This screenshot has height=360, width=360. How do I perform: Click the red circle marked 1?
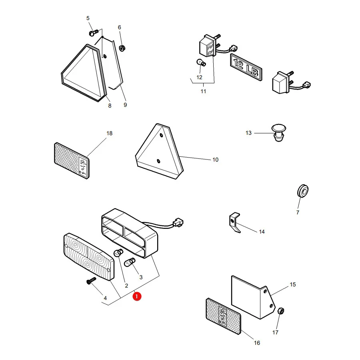pyautogui.click(x=137, y=296)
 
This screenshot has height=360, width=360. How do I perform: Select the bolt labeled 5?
pyautogui.click(x=93, y=33)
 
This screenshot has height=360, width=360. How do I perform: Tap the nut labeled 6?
pyautogui.click(x=122, y=48)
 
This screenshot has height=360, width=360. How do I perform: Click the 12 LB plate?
pyautogui.click(x=246, y=67)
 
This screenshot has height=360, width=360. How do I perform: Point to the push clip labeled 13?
pyautogui.click(x=279, y=133)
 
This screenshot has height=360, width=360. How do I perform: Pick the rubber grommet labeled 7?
pyautogui.click(x=303, y=190)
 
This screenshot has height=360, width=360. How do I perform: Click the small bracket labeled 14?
pyautogui.click(x=235, y=222)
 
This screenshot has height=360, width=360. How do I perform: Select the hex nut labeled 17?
pyautogui.click(x=280, y=311)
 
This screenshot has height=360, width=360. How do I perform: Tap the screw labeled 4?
pyautogui.click(x=91, y=280)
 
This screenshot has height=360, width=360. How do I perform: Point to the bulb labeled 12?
pyautogui.click(x=201, y=62)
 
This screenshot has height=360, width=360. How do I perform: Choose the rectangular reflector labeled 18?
pyautogui.click(x=72, y=160)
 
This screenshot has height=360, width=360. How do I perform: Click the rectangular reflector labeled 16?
pyautogui.click(x=223, y=316)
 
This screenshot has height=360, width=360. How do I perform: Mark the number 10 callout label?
pyautogui.click(x=215, y=160)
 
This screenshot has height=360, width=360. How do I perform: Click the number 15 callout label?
pyautogui.click(x=293, y=284)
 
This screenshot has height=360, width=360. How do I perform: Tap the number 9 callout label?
pyautogui.click(x=125, y=105)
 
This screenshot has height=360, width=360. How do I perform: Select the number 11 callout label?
pyautogui.click(x=203, y=91)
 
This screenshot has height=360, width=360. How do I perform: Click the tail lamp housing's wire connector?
pyautogui.click(x=178, y=222)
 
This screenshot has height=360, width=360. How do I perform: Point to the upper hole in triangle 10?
pyautogui.click(x=162, y=135)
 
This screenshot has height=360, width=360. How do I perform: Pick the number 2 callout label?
pyautogui.click(x=126, y=286)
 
